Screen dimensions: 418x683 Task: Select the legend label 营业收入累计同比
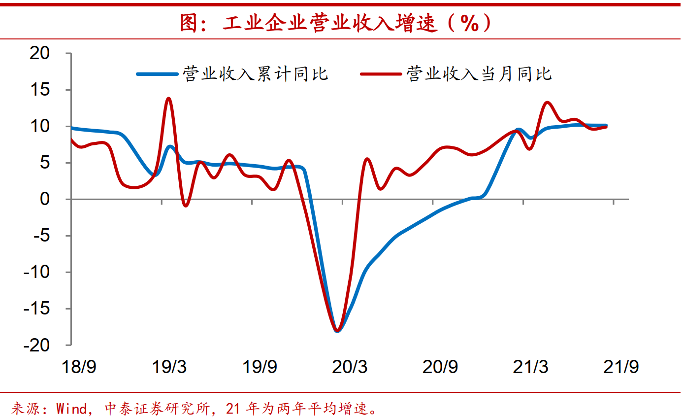pyautogui.click(x=255, y=74)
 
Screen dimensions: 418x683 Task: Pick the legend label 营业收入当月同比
pyautogui.click(x=479, y=74)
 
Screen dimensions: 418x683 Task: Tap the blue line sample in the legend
pyautogui.click(x=157, y=74)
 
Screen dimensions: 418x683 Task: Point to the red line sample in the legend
pyautogui.click(x=380, y=74)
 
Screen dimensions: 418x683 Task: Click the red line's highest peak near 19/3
pyautogui.click(x=168, y=98)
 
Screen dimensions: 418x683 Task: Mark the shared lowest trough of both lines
pyautogui.click(x=338, y=331)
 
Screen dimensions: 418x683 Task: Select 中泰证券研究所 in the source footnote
pyautogui.click(x=158, y=408)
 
